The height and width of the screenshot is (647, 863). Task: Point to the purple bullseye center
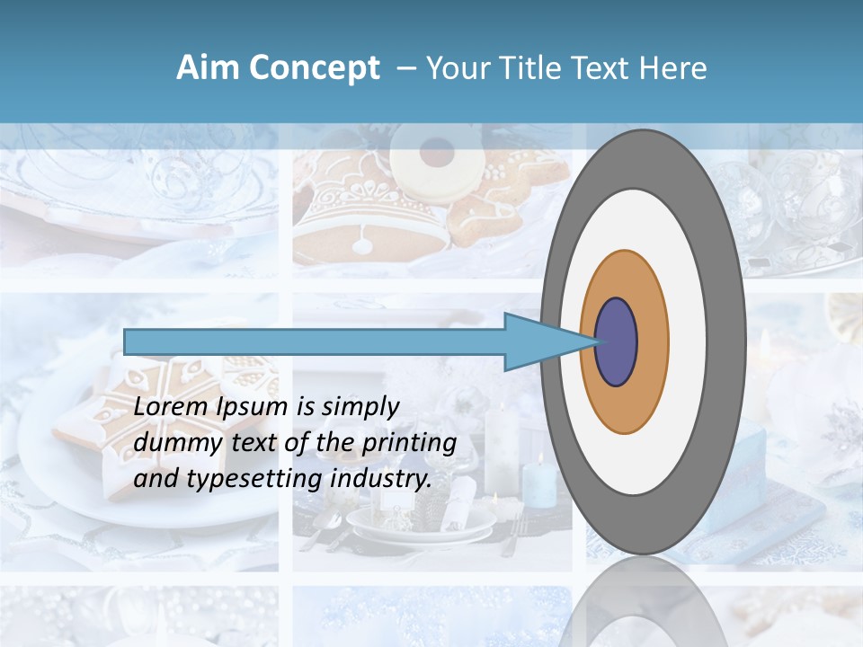tap(617, 342)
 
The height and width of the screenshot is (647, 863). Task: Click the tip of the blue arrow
tap(595, 342)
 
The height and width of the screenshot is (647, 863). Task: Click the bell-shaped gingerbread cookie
tap(369, 216)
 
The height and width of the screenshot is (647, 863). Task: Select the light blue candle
tap(539, 481)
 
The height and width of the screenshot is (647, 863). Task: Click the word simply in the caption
tap(360, 408)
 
